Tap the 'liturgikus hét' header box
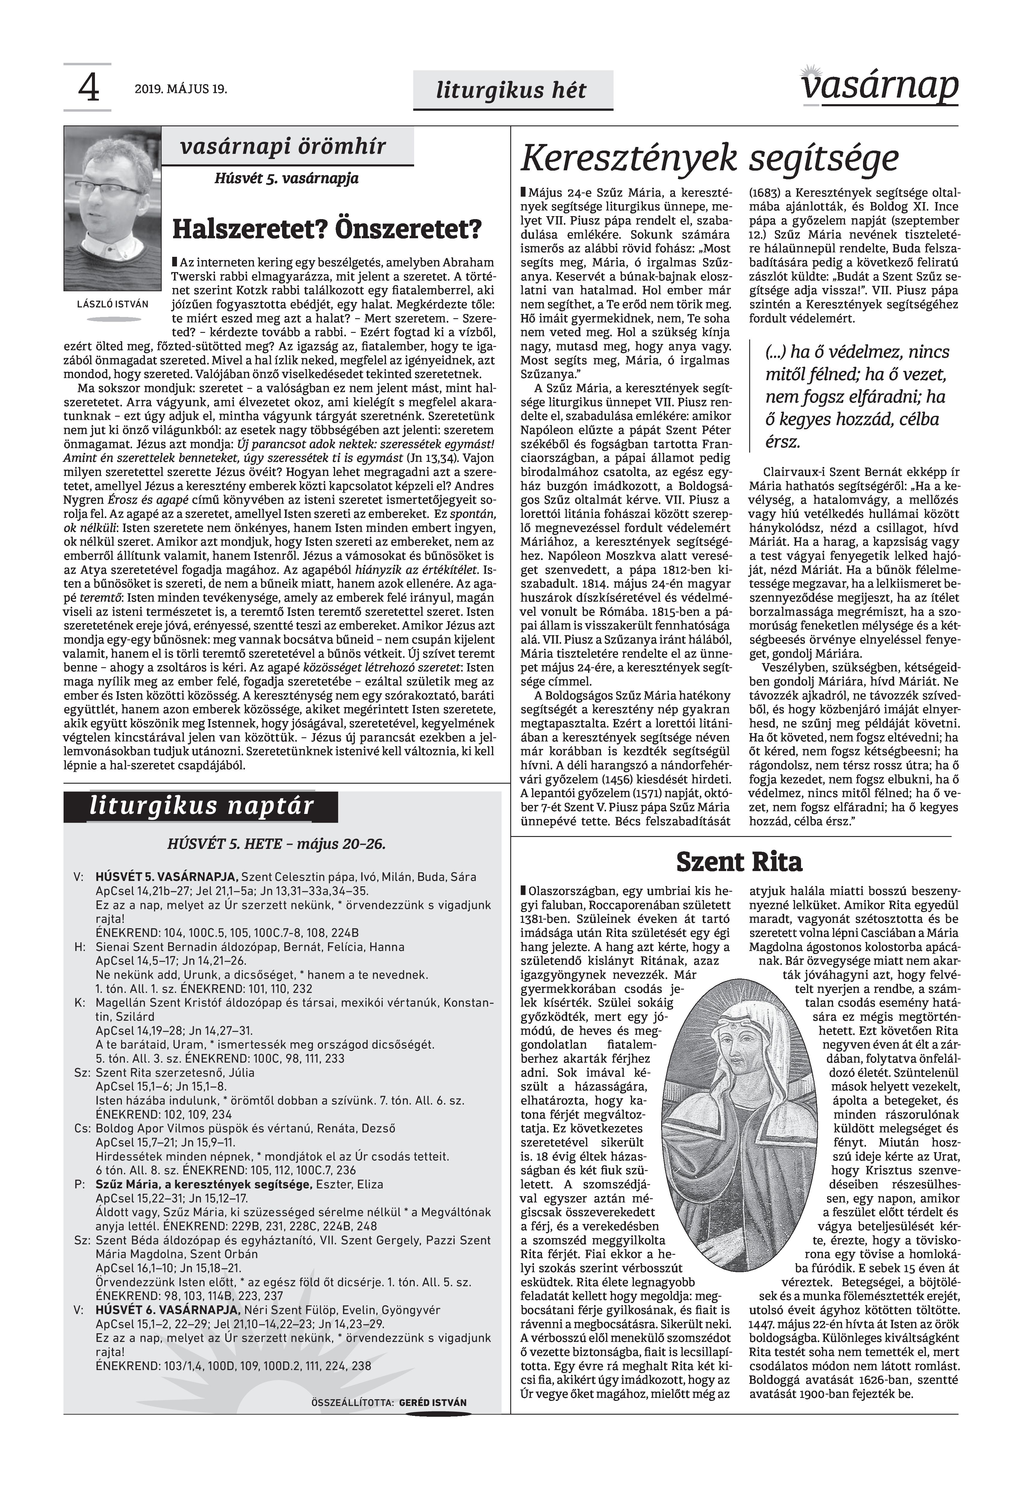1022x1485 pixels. point(512,90)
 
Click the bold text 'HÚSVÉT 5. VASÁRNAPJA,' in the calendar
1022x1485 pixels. point(166,877)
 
